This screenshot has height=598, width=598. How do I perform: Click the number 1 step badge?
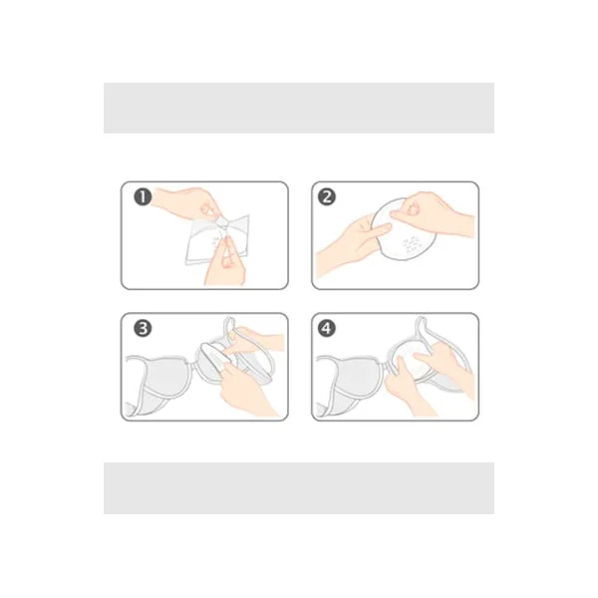[143, 197]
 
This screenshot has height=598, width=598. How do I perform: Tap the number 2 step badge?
[327, 197]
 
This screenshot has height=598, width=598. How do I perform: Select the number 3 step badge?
[143, 329]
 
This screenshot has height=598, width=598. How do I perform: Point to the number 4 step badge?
[327, 329]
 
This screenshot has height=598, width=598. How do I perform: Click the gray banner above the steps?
[299, 108]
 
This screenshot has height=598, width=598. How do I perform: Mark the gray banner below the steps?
[299, 488]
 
